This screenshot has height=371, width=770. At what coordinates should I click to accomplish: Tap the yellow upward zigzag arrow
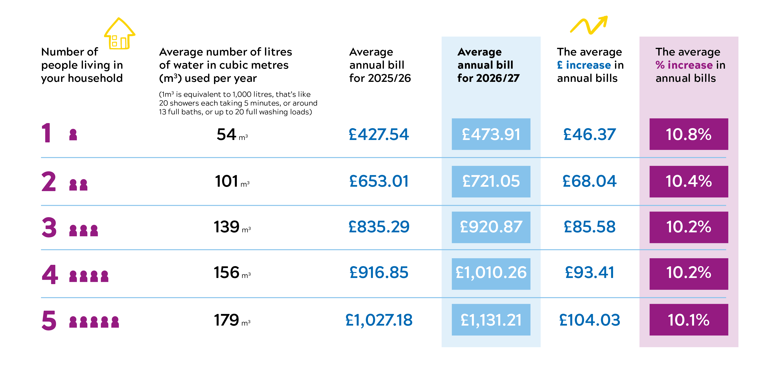(589, 25)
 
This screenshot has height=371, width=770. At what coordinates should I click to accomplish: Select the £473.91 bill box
(491, 134)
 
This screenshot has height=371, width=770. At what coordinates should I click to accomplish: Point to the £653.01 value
(379, 181)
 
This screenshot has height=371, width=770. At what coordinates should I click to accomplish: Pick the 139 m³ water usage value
(232, 227)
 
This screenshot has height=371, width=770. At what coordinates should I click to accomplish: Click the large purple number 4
(50, 274)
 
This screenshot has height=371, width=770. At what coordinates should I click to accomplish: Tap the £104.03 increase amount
(589, 320)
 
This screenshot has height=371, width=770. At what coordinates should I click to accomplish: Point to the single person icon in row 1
(73, 135)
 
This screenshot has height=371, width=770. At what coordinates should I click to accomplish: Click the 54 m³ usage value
(232, 134)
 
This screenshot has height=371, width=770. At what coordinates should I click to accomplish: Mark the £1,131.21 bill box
(491, 320)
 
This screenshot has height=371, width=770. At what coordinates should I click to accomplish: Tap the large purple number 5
(49, 320)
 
